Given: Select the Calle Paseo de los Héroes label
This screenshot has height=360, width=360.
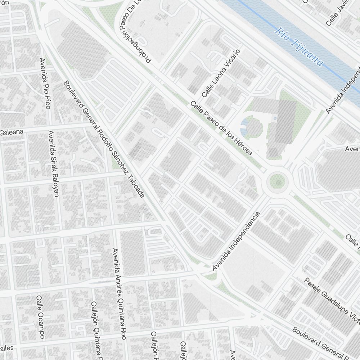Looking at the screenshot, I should (221, 128).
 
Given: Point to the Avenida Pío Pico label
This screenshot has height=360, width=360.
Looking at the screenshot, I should (45, 83).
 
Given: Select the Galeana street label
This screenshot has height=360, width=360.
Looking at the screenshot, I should (12, 132).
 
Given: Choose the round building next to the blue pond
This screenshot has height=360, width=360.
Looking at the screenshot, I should (255, 127).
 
